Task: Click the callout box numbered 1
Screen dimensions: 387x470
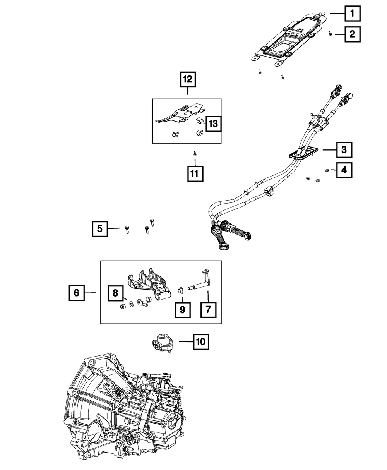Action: click(352, 14)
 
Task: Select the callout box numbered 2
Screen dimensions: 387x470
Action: click(352, 34)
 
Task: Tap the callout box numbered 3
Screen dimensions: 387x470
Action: click(344, 150)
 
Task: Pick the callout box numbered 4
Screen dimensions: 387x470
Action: click(344, 170)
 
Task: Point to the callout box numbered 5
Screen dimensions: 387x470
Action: click(100, 229)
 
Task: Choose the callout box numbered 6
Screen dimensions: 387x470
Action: click(77, 293)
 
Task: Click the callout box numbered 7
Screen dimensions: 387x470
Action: click(208, 310)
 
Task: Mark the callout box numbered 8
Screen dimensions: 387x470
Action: click(115, 293)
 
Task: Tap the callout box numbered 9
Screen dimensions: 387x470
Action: click(183, 310)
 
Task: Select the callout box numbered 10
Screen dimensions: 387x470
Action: click(201, 342)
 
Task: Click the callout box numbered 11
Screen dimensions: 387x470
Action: click(195, 174)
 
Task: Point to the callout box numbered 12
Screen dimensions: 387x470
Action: click(188, 79)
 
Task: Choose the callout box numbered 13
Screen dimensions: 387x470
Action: click(213, 124)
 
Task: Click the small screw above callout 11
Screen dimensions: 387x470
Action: click(195, 154)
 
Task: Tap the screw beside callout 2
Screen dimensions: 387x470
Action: click(330, 33)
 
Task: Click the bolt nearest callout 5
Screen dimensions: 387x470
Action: click(127, 230)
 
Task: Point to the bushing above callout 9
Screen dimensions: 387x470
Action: click(181, 290)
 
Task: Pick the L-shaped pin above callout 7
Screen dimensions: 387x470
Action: click(200, 280)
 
